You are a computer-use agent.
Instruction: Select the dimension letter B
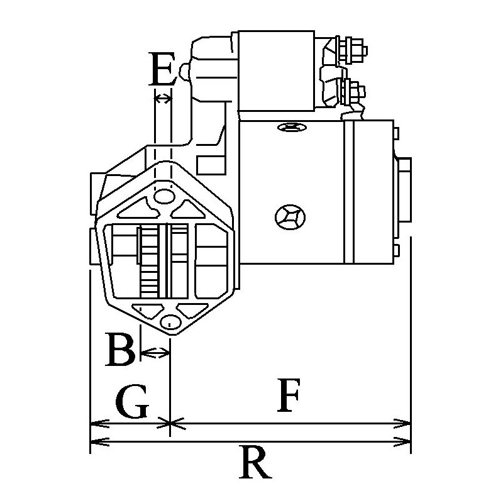pos(120,350)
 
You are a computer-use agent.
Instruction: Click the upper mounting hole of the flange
pos(163,197)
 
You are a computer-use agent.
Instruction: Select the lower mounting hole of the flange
pos(168,322)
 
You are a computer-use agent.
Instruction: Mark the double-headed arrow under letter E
pos(163,98)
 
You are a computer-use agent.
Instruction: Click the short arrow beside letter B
pos(155,354)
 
